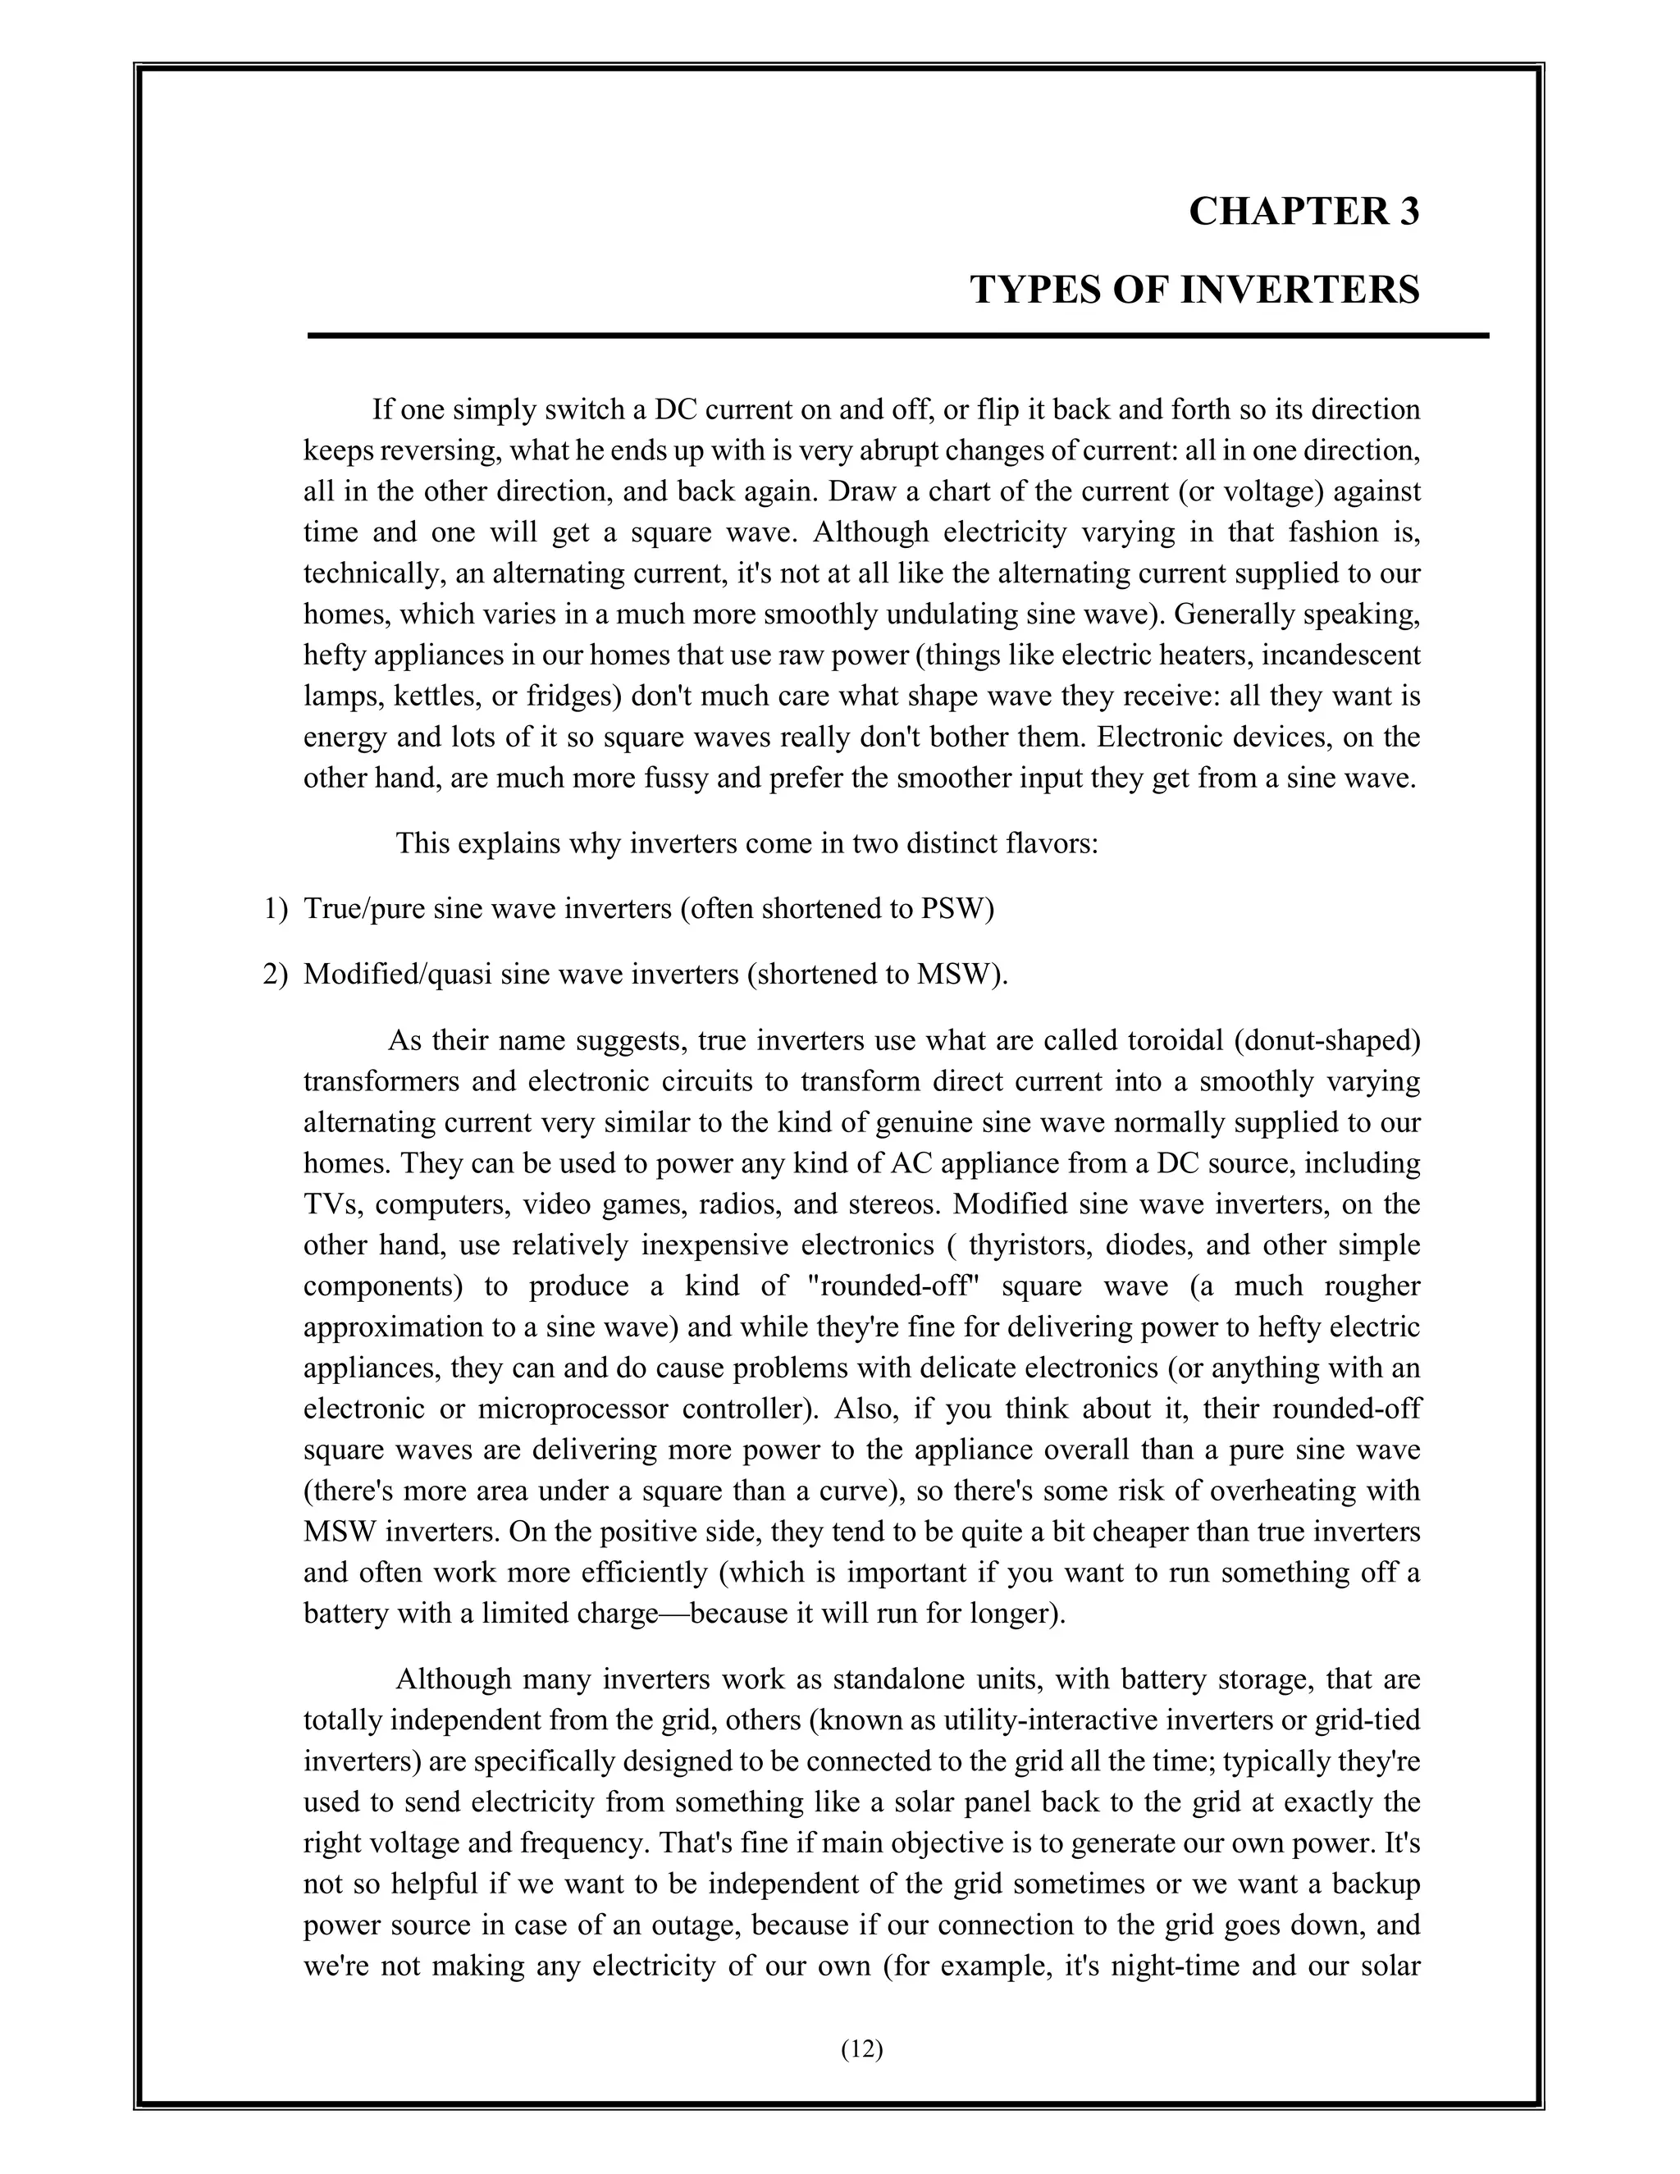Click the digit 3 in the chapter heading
1408,212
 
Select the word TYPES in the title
1033,290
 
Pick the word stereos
890,1204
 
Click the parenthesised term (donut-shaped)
1326,1040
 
